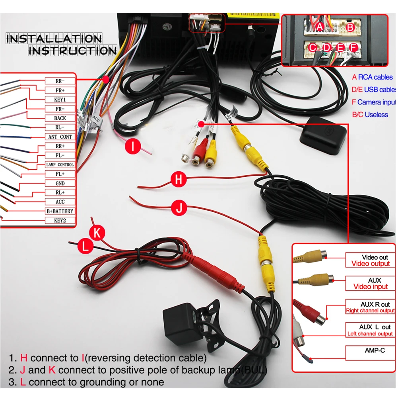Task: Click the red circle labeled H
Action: (179, 180)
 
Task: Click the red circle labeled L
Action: (85, 247)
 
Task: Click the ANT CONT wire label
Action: (60, 137)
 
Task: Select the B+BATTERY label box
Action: (60, 211)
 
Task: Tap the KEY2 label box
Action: (60, 220)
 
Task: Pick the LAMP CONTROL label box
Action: (60, 164)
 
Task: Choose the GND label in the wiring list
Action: (60, 183)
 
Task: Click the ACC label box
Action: (60, 202)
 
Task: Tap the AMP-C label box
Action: (371, 351)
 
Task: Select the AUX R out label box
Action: (371, 307)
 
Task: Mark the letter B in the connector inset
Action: (350, 27)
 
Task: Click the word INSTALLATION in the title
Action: (54, 39)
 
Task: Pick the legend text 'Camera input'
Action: (376, 102)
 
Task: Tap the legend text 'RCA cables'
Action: (375, 77)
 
